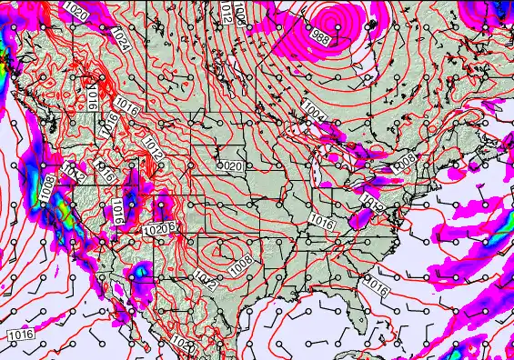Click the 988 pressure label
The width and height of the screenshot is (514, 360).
click(x=319, y=37)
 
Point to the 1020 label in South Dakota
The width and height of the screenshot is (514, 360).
click(x=231, y=166)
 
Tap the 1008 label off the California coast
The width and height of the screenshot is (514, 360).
click(x=45, y=188)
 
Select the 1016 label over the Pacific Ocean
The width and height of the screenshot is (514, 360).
click(x=21, y=335)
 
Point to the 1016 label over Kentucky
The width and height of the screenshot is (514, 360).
click(x=319, y=221)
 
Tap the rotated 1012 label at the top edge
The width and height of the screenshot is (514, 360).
click(x=226, y=12)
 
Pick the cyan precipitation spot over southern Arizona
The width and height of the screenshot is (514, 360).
click(x=140, y=270)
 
